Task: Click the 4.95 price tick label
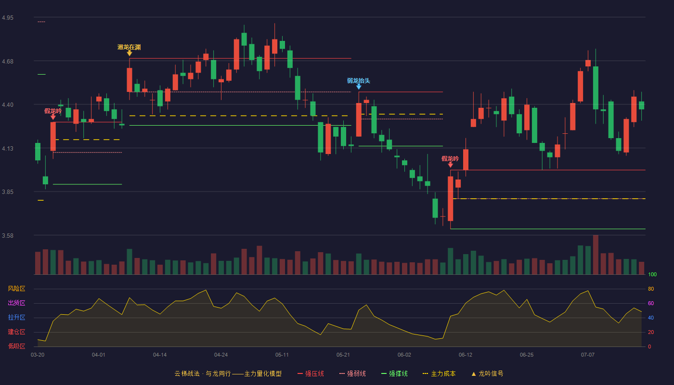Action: pos(8,18)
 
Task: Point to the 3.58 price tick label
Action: pos(8,235)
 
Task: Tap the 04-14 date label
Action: pos(160,355)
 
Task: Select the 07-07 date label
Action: pos(588,355)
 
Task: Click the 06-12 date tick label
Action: pos(466,355)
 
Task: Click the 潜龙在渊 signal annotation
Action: pos(129,47)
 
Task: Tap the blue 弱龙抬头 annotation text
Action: pos(358,81)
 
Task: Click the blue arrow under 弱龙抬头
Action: pos(359,87)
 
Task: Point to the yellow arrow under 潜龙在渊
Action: pos(130,53)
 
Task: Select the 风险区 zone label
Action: pos(16,289)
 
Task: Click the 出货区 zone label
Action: pos(16,303)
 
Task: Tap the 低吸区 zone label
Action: pos(16,346)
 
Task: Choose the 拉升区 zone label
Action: pos(16,317)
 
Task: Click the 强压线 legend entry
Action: pos(311,373)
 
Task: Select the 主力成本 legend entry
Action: pos(439,373)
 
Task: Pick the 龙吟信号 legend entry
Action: pos(487,373)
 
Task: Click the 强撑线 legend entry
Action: pos(394,373)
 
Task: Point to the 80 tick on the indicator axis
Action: pos(651,289)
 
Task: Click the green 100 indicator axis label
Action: pos(652,274)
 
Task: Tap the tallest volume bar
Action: pos(596,255)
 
